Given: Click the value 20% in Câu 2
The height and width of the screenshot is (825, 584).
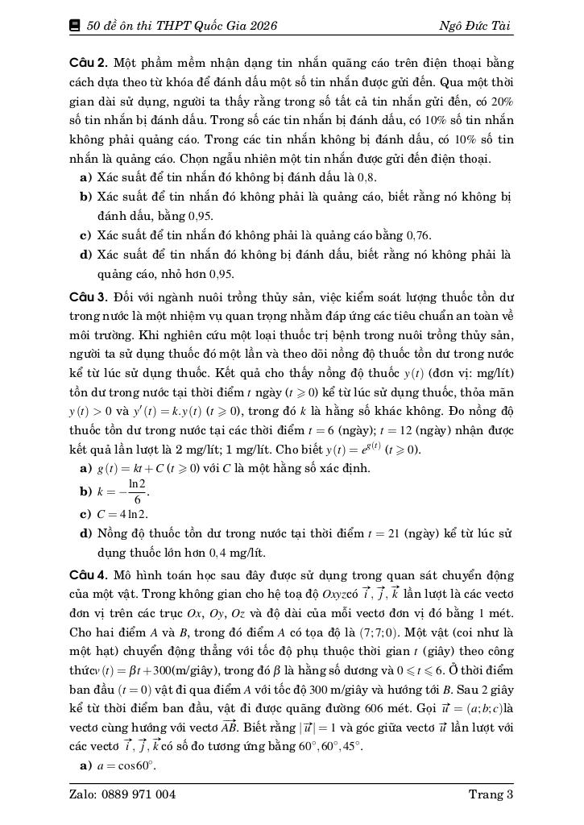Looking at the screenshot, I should pos(501,101).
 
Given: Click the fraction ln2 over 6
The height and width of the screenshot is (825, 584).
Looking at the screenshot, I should pos(137,491).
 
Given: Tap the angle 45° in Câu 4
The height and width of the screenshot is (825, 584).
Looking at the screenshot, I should pos(351,747).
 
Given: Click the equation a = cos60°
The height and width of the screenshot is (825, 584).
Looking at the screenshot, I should pos(126,766).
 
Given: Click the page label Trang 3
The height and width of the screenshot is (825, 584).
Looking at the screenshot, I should pos(491,794).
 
